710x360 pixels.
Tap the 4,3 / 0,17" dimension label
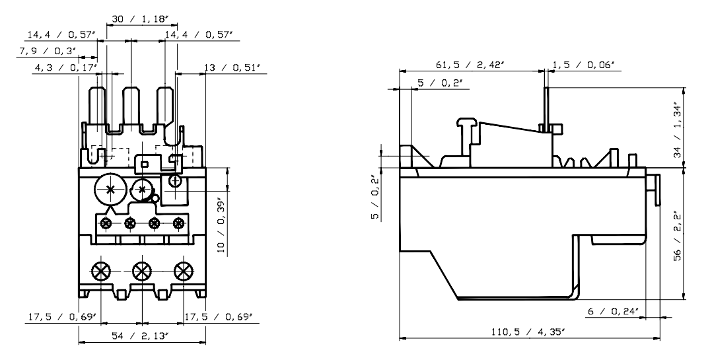(x=65, y=67)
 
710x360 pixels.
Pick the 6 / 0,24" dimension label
(x=612, y=311)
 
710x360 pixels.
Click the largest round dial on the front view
(x=110, y=190)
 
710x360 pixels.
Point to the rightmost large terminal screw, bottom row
(x=182, y=270)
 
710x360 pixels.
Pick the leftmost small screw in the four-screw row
(x=106, y=223)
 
